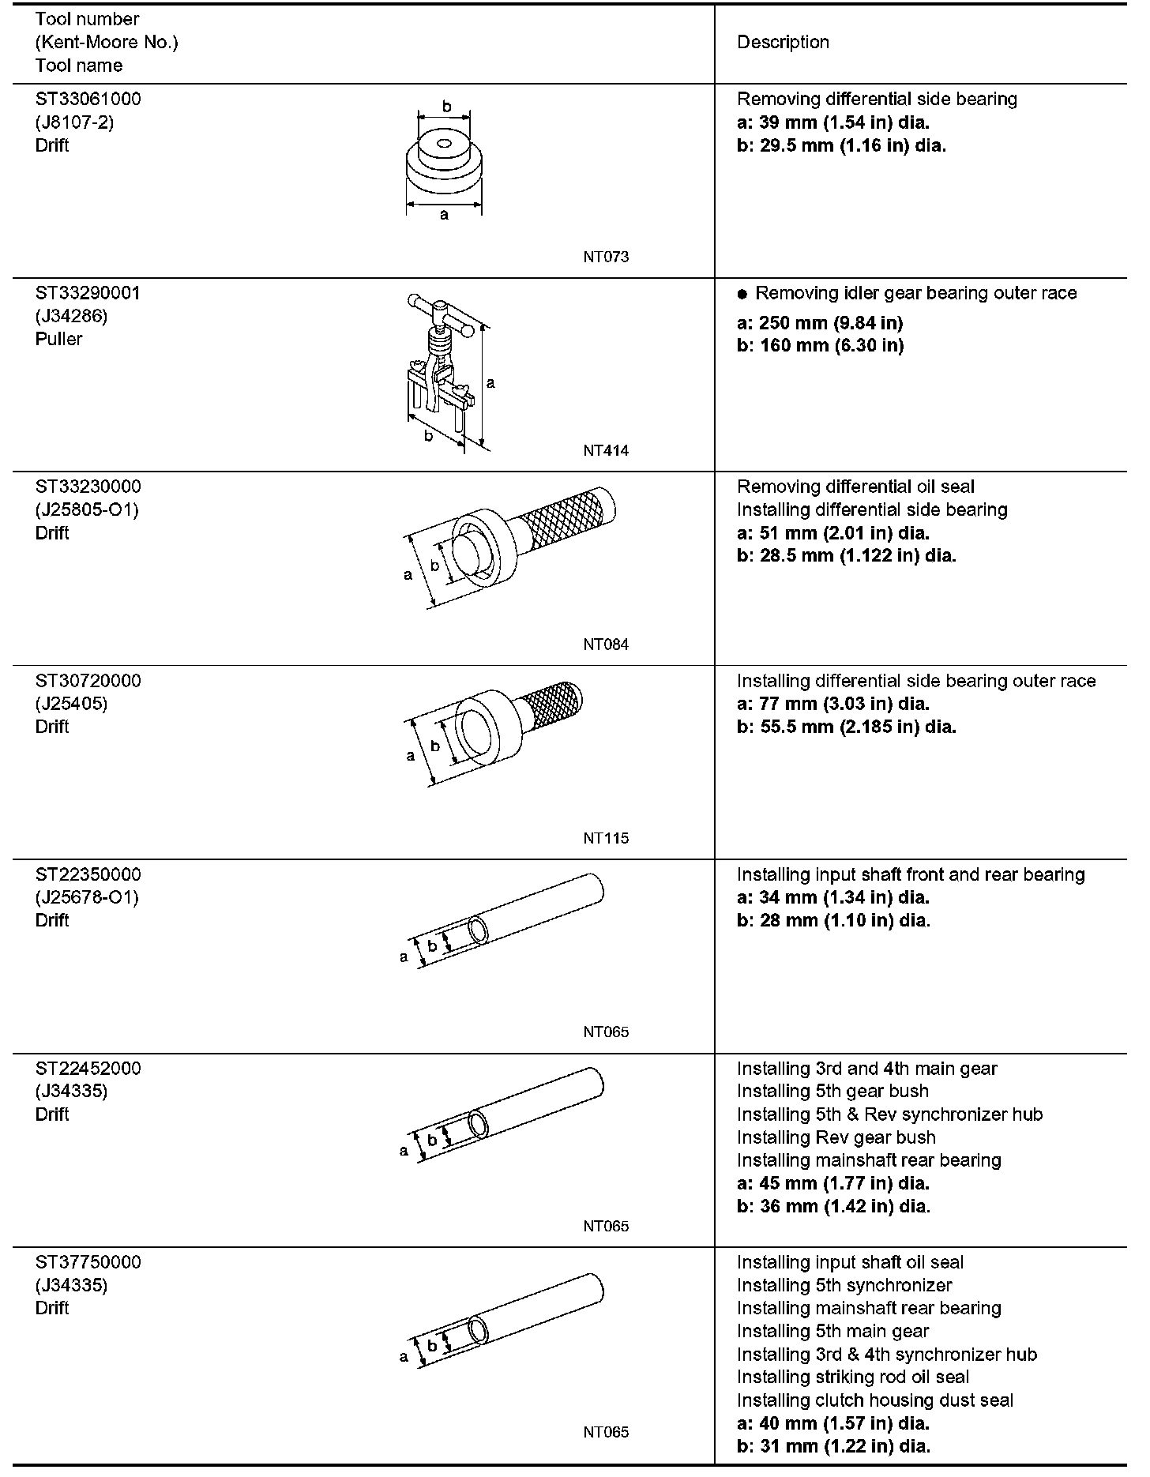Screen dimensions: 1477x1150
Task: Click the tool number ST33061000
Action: click(88, 100)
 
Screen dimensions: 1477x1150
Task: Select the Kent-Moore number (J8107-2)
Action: click(74, 122)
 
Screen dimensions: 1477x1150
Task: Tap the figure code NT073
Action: click(606, 257)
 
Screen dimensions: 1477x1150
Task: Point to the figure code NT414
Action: click(606, 451)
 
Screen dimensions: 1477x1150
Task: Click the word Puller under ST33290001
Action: click(58, 339)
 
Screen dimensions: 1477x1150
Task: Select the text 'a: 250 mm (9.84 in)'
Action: click(820, 323)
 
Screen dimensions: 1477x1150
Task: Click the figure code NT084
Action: click(606, 645)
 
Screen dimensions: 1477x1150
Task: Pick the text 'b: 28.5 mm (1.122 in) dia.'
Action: click(846, 556)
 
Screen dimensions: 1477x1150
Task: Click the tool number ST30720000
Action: click(88, 681)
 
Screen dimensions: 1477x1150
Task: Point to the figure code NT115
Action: click(606, 838)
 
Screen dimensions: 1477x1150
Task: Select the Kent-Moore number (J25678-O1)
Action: click(87, 897)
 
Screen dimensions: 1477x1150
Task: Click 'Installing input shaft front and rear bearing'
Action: click(911, 875)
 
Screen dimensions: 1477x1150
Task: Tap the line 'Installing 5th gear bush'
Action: click(832, 1092)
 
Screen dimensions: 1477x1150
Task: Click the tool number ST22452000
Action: click(88, 1069)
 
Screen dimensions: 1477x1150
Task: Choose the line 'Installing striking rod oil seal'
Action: click(853, 1377)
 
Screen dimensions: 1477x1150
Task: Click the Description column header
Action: click(783, 43)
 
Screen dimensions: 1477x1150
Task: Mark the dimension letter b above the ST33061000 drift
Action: click(446, 107)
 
